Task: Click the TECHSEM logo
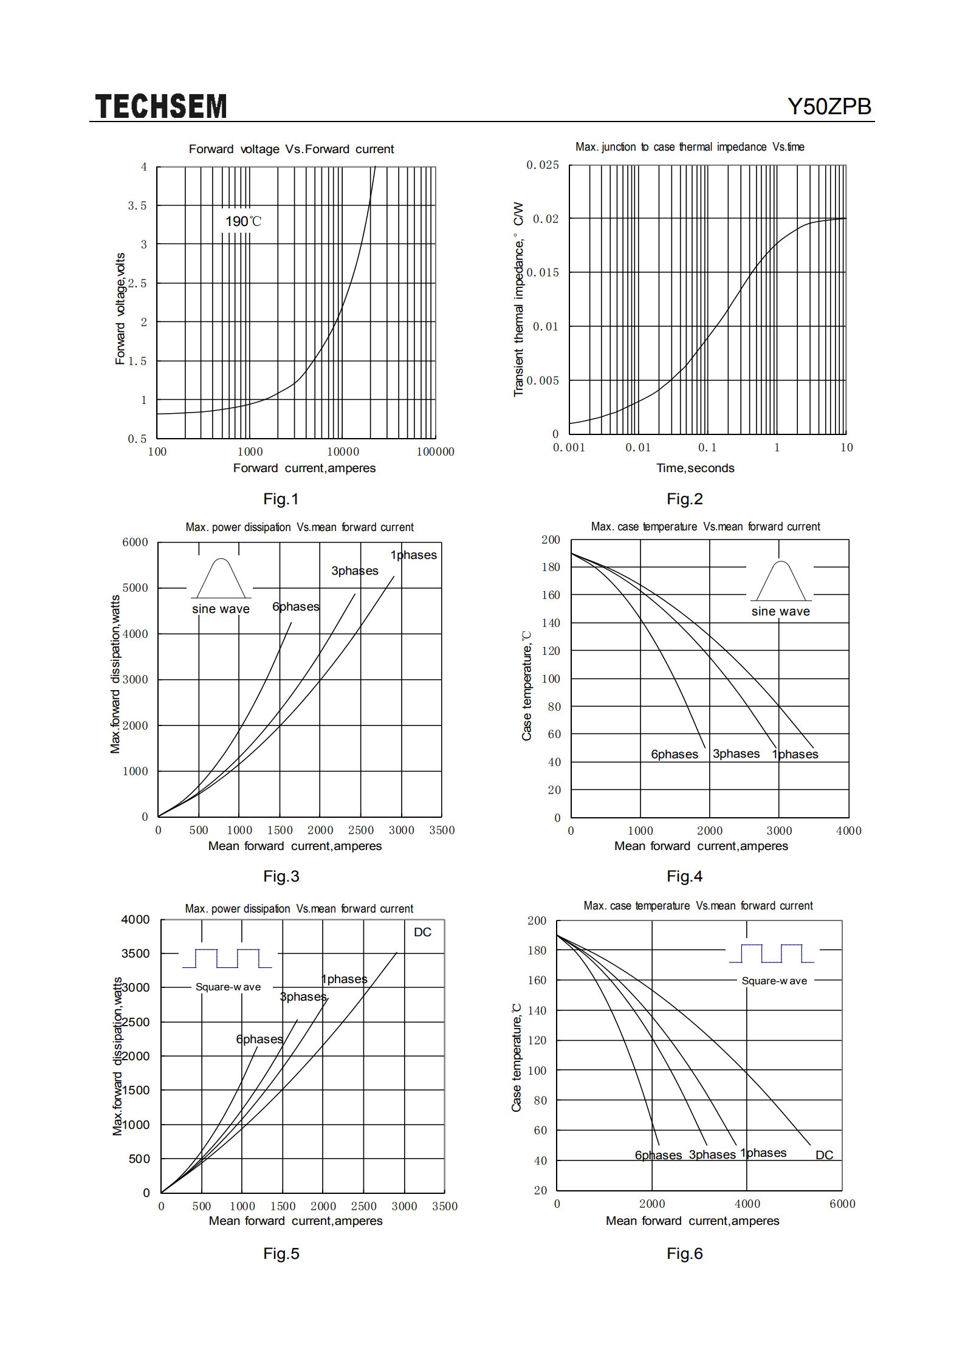coord(161,106)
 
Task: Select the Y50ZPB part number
coord(829,107)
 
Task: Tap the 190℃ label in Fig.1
coord(243,221)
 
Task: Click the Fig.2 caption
coord(685,499)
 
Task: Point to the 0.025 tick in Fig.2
coord(543,165)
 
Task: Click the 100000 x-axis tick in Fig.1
coord(436,451)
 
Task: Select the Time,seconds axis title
coord(695,468)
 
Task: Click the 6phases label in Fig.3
coord(295,606)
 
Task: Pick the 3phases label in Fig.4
coord(736,753)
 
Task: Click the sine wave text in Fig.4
coord(780,611)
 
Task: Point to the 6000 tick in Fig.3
coord(136,542)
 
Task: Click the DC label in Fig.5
coord(422,932)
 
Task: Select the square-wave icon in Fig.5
coord(227,958)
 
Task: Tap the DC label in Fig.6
coord(824,1155)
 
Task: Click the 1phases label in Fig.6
coord(763,1153)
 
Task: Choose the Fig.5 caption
coord(281,1253)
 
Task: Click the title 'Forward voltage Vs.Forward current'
coord(291,149)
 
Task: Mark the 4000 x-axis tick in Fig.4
coord(849,831)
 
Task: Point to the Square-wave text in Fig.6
coord(774,981)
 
